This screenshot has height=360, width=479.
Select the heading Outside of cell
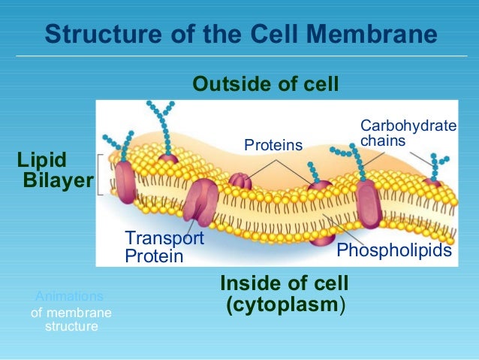click(x=266, y=83)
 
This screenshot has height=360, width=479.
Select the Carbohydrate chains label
click(x=408, y=132)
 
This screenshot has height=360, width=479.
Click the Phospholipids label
click(x=394, y=250)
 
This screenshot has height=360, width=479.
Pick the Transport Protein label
click(x=164, y=247)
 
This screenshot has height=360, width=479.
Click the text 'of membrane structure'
click(x=71, y=320)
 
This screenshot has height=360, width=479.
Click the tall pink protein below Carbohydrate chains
click(x=369, y=203)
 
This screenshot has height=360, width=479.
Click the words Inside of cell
click(x=284, y=284)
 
